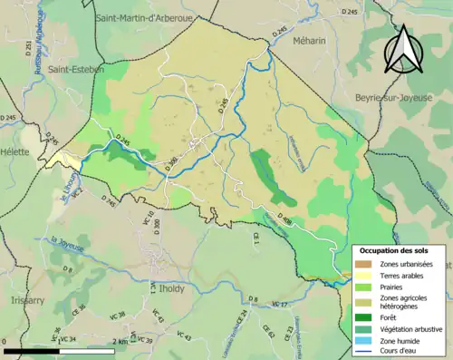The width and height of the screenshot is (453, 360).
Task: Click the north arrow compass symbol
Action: tap(401, 49)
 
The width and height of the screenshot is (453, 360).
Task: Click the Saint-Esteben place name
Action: tap(77, 69)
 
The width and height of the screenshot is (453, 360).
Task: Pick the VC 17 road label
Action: tap(279, 304)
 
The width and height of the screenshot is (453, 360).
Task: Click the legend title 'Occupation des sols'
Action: tap(394, 250)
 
